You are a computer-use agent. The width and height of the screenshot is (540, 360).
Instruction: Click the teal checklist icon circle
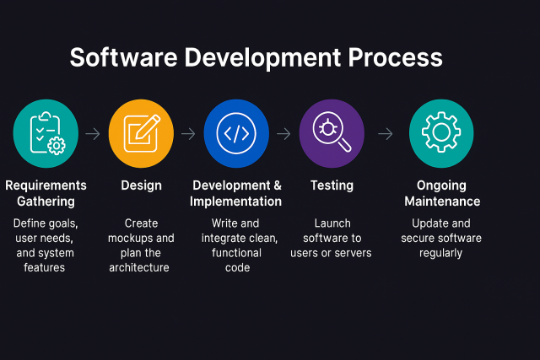pyautogui.click(x=46, y=133)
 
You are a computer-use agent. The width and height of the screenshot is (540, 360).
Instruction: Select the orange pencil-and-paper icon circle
pyautogui.click(x=141, y=133)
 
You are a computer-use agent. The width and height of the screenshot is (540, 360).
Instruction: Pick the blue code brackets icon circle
pyautogui.click(x=236, y=133)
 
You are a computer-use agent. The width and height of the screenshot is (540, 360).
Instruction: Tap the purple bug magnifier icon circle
pyautogui.click(x=332, y=133)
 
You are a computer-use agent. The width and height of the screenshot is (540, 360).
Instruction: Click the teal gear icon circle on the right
pyautogui.click(x=441, y=133)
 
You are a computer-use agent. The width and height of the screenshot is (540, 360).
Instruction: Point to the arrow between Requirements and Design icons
pyautogui.click(x=93, y=133)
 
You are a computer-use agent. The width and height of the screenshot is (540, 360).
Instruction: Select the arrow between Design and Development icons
pyautogui.click(x=188, y=133)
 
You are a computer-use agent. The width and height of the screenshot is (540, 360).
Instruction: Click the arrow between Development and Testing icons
pyautogui.click(x=283, y=133)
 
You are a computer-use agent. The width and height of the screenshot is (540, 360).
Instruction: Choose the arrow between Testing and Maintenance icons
pyautogui.click(x=386, y=133)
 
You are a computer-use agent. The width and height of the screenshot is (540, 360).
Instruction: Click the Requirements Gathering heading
pyautogui.click(x=46, y=193)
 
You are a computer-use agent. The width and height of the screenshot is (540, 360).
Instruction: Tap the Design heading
pyautogui.click(x=141, y=185)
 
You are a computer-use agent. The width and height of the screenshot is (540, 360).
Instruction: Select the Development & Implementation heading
pyautogui.click(x=236, y=193)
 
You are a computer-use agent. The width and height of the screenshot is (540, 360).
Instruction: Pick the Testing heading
pyautogui.click(x=332, y=185)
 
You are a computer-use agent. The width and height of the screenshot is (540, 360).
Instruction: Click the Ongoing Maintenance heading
pyautogui.click(x=441, y=193)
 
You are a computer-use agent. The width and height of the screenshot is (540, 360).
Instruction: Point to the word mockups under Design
pyautogui.click(x=141, y=239)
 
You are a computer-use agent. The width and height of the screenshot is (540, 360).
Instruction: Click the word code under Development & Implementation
pyautogui.click(x=237, y=268)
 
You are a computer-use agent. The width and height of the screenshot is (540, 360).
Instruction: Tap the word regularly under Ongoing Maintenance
pyautogui.click(x=441, y=253)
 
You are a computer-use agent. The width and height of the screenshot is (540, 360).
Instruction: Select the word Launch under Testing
pyautogui.click(x=332, y=223)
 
